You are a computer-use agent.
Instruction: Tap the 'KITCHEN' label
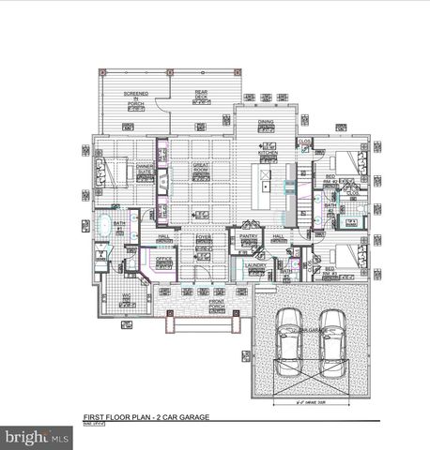tap(269, 152)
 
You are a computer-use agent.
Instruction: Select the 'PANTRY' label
tap(249, 237)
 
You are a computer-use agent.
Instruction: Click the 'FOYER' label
tap(203, 239)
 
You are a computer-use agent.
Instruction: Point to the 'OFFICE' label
tap(163, 259)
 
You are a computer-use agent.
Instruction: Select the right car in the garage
tap(331, 344)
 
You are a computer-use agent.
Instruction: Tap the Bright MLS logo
tap(38, 437)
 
